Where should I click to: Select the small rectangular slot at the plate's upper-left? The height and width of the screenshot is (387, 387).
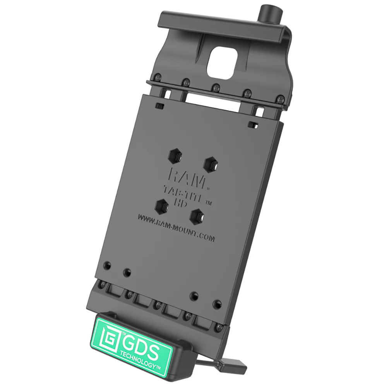159,105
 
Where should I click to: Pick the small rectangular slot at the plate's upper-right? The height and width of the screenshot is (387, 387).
254,125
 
